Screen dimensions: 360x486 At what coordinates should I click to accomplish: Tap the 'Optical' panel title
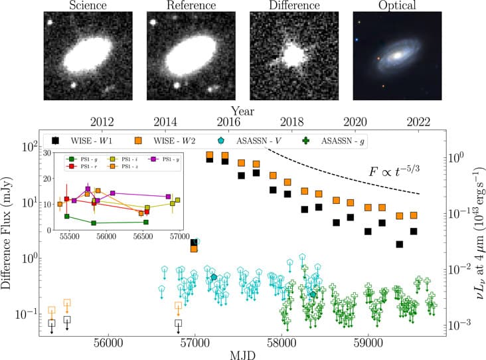click(396, 6)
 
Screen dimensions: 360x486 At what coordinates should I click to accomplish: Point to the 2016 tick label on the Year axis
click(228, 122)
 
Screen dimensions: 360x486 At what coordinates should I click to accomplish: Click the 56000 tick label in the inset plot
click(106, 236)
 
